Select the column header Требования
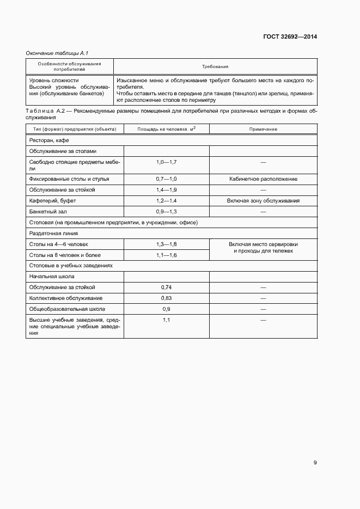(x=215, y=66)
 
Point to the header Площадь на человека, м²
(x=166, y=129)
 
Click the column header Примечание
(x=263, y=129)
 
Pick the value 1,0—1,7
(x=166, y=162)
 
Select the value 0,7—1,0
(x=166, y=179)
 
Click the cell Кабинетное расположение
(x=263, y=179)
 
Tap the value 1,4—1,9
(x=166, y=189)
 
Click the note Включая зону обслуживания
(x=263, y=200)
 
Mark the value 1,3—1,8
(x=166, y=244)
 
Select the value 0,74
(x=166, y=287)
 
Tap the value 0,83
(x=166, y=298)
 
